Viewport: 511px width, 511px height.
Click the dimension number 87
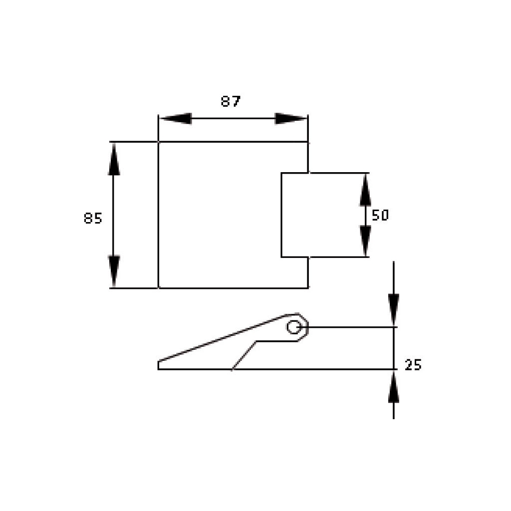pos(231,101)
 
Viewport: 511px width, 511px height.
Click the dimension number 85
pos(93,218)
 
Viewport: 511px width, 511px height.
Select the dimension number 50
pos(380,215)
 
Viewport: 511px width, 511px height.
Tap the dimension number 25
pos(413,365)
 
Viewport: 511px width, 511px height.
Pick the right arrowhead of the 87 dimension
pos(290,119)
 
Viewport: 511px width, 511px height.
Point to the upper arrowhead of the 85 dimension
pos(114,159)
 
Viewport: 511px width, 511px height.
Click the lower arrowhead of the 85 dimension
pos(114,271)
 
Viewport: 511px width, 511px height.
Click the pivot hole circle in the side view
pos(293,327)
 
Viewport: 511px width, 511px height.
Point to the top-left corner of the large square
pos(159,142)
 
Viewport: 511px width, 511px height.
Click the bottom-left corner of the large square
pos(159,288)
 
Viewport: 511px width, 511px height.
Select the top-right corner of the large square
pos(308,142)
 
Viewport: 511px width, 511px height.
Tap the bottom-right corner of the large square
pos(308,288)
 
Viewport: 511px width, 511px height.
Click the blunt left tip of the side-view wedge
pos(159,365)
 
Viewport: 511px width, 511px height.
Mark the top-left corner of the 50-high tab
pos(281,173)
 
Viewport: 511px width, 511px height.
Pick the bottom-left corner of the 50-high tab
pos(281,257)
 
